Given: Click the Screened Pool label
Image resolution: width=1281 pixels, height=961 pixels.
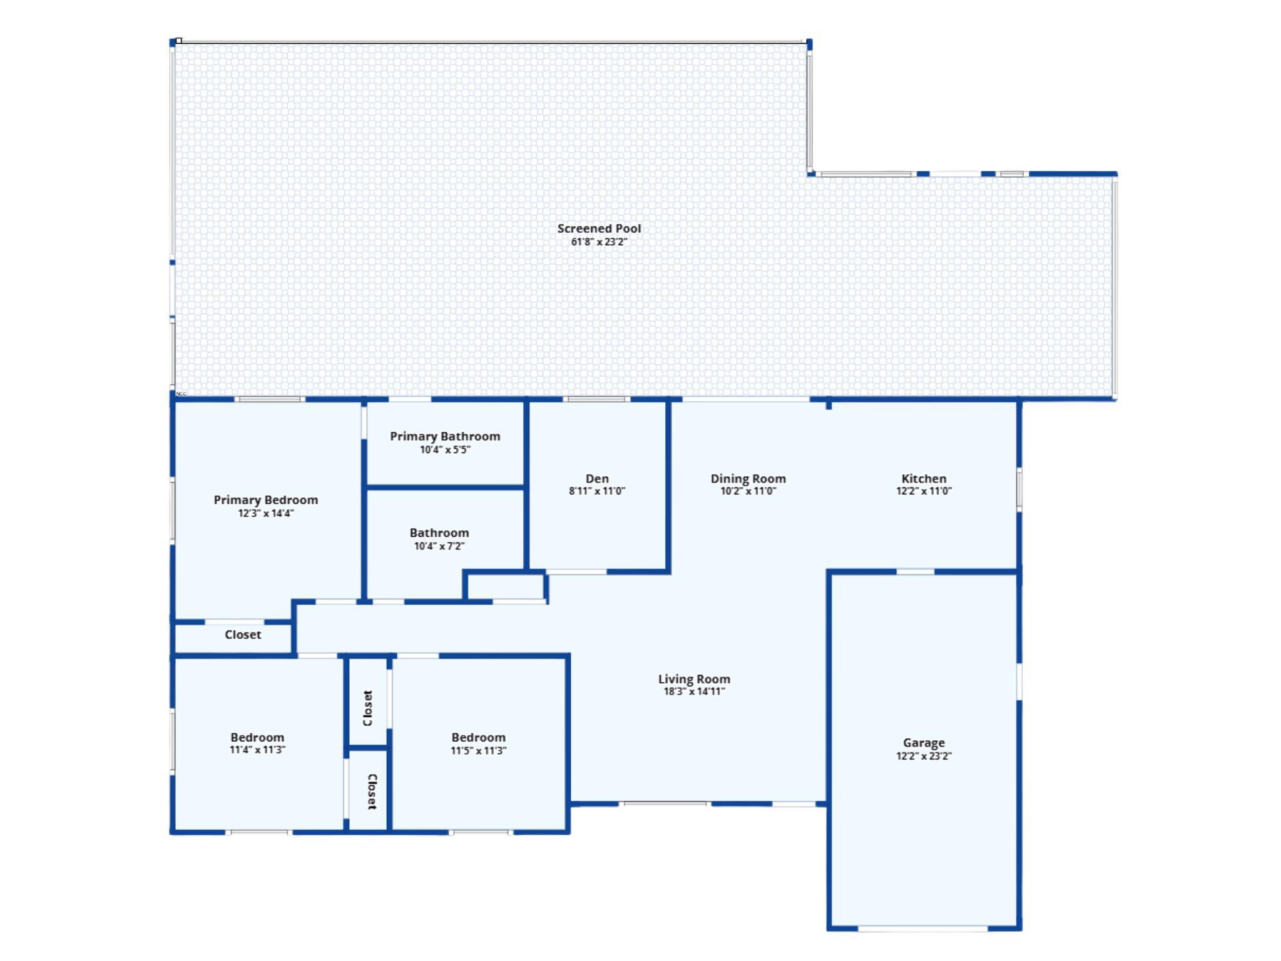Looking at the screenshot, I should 599,228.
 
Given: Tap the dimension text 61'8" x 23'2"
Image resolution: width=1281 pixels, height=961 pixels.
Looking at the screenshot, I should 599,242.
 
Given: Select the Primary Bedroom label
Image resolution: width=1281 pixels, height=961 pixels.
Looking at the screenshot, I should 265,500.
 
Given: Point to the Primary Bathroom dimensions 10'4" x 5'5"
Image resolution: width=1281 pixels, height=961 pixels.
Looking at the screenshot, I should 444,450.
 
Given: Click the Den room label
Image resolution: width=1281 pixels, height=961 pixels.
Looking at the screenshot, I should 597,479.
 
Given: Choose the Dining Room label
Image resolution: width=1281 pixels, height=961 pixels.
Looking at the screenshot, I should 748,479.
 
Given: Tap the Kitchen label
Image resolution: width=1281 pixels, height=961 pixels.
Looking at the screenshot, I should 924,479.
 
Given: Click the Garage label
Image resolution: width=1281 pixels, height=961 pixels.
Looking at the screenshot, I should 924,743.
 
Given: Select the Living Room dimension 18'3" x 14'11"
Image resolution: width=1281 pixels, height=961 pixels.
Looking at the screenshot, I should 694,692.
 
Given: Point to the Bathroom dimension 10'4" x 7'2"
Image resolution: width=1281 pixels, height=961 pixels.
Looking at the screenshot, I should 439,546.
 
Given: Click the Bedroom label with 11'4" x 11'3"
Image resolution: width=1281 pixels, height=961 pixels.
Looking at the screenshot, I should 257,738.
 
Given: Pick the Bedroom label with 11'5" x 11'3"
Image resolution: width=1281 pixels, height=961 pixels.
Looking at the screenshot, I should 478,738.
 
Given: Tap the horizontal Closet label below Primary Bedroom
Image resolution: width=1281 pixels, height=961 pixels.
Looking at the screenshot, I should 243,634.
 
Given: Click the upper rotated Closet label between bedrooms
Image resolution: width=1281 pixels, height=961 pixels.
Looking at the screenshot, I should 368,708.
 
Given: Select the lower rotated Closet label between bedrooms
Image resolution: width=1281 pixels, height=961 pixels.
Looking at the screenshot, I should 371,791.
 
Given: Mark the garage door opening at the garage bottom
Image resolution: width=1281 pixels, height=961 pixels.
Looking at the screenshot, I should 922,928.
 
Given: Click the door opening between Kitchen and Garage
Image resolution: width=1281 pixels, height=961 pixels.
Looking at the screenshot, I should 915,571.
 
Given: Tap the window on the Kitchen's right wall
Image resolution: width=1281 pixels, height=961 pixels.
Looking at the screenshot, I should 1019,489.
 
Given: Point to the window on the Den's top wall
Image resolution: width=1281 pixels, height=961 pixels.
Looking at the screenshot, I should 596,399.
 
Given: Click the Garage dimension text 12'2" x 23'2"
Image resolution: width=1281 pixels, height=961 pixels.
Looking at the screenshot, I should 924,756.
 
